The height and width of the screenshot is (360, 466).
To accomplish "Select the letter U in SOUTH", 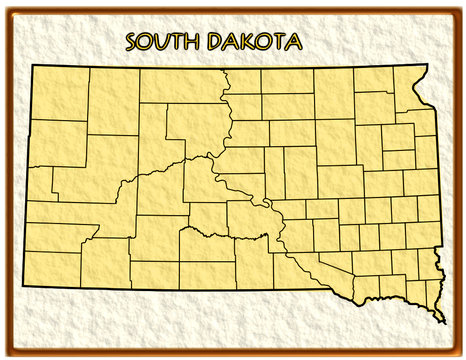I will point(164,41).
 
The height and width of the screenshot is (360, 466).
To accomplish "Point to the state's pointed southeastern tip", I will point(444,322).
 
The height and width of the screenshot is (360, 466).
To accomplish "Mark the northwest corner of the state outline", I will point(29,66).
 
